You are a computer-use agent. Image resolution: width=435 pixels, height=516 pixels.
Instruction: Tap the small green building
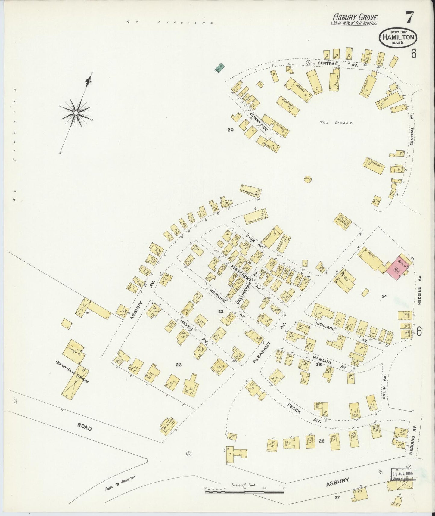(220, 68)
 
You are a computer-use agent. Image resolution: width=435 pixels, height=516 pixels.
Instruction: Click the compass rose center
(76, 113)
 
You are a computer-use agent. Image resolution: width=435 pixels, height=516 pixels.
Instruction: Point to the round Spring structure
(308, 179)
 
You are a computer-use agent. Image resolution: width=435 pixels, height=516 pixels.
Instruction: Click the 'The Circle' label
(336, 123)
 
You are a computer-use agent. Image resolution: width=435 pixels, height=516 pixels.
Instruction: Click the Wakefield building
(374, 166)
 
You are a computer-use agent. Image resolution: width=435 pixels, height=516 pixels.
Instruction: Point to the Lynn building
(390, 101)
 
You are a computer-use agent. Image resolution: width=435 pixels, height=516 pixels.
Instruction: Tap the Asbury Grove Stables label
(72, 371)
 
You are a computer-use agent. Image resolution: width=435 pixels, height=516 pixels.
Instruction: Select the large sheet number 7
(409, 17)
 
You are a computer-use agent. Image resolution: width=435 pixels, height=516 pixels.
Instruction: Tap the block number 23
(179, 365)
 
